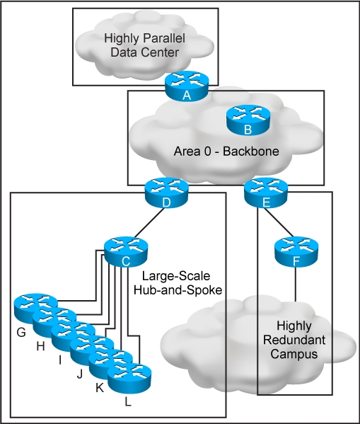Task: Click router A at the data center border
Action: (187, 86)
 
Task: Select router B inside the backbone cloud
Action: (248, 120)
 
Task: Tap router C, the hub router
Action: (126, 252)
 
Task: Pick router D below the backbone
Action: (166, 193)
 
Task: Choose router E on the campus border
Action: (266, 193)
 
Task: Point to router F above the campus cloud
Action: (296, 252)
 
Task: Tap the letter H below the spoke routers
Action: (40, 346)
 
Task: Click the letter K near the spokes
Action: (100, 388)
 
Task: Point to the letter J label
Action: (79, 374)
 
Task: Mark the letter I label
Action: (60, 360)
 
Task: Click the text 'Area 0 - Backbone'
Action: (226, 151)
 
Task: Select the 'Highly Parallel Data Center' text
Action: (145, 45)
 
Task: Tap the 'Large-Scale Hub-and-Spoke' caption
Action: (178, 283)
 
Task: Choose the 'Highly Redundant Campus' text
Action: (294, 340)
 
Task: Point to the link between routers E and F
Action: (279, 222)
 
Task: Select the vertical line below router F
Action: (295, 284)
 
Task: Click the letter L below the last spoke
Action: (128, 402)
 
